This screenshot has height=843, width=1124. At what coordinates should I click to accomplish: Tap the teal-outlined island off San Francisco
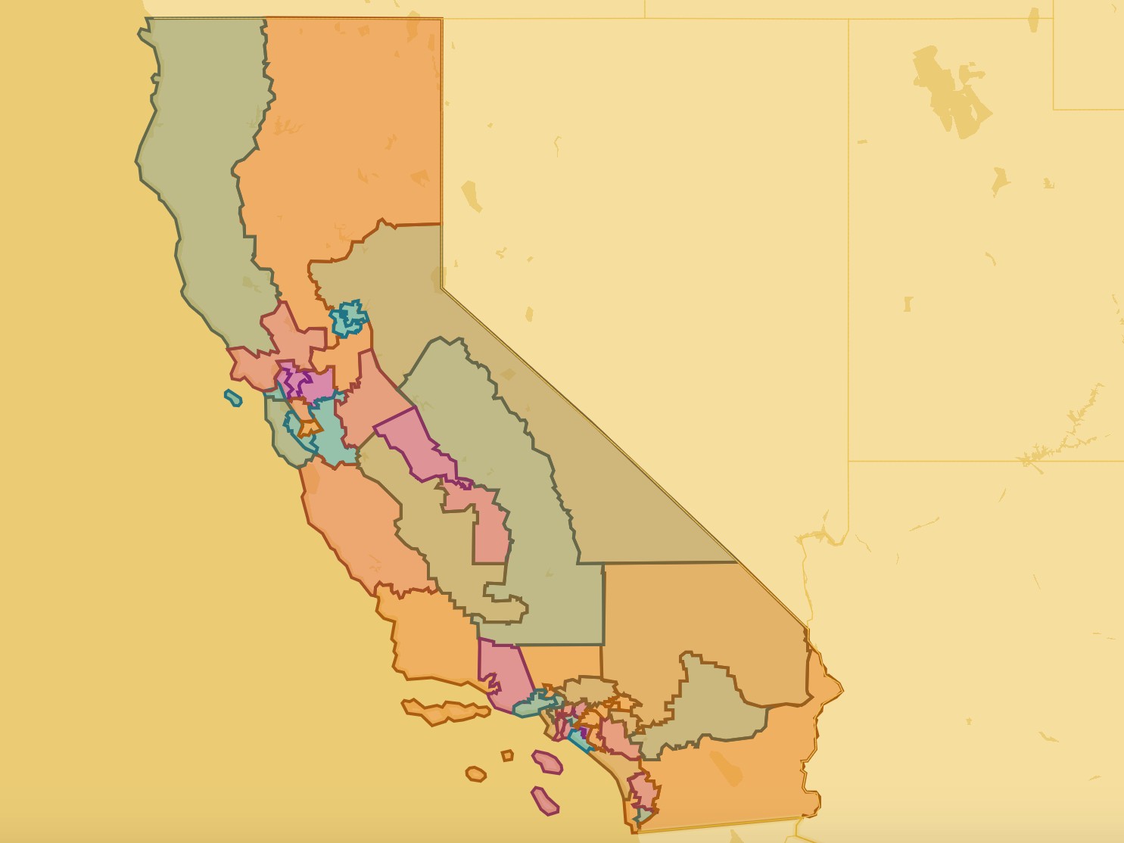point(233,398)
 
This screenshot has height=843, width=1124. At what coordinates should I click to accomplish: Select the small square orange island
point(507,755)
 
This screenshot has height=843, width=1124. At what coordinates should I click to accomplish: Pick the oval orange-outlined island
point(475,774)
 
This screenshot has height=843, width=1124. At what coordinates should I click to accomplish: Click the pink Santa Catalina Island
point(546,762)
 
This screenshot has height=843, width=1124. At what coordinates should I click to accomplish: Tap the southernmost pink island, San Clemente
point(544,801)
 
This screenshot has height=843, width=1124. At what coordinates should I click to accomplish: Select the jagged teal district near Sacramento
point(348,319)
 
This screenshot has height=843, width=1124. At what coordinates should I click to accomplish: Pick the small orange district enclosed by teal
point(309,428)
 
